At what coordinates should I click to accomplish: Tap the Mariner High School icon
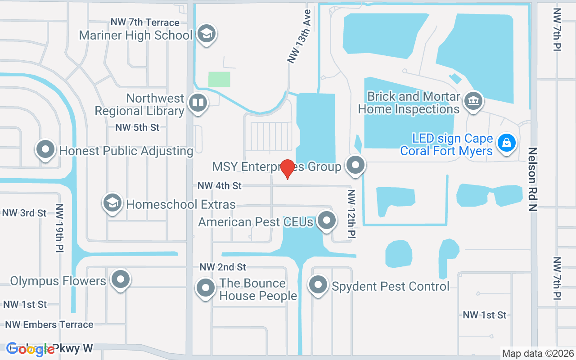[x=207, y=34]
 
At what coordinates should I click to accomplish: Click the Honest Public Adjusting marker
[x=45, y=150]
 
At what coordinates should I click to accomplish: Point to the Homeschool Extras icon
[x=112, y=203]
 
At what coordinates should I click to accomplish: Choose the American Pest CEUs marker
[x=327, y=220]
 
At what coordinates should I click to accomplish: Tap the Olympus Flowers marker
[x=120, y=279]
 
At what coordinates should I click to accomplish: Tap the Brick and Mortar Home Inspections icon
[x=473, y=100]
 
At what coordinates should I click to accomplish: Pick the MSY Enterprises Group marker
[x=356, y=165]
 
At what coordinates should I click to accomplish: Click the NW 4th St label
[x=220, y=185]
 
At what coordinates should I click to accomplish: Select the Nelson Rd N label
[x=533, y=179]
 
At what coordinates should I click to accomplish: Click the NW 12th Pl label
[x=352, y=213]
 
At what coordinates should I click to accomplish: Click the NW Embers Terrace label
[x=49, y=324]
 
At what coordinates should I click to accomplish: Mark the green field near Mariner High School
[x=219, y=79]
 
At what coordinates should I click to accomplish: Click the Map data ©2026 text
[x=537, y=353]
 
